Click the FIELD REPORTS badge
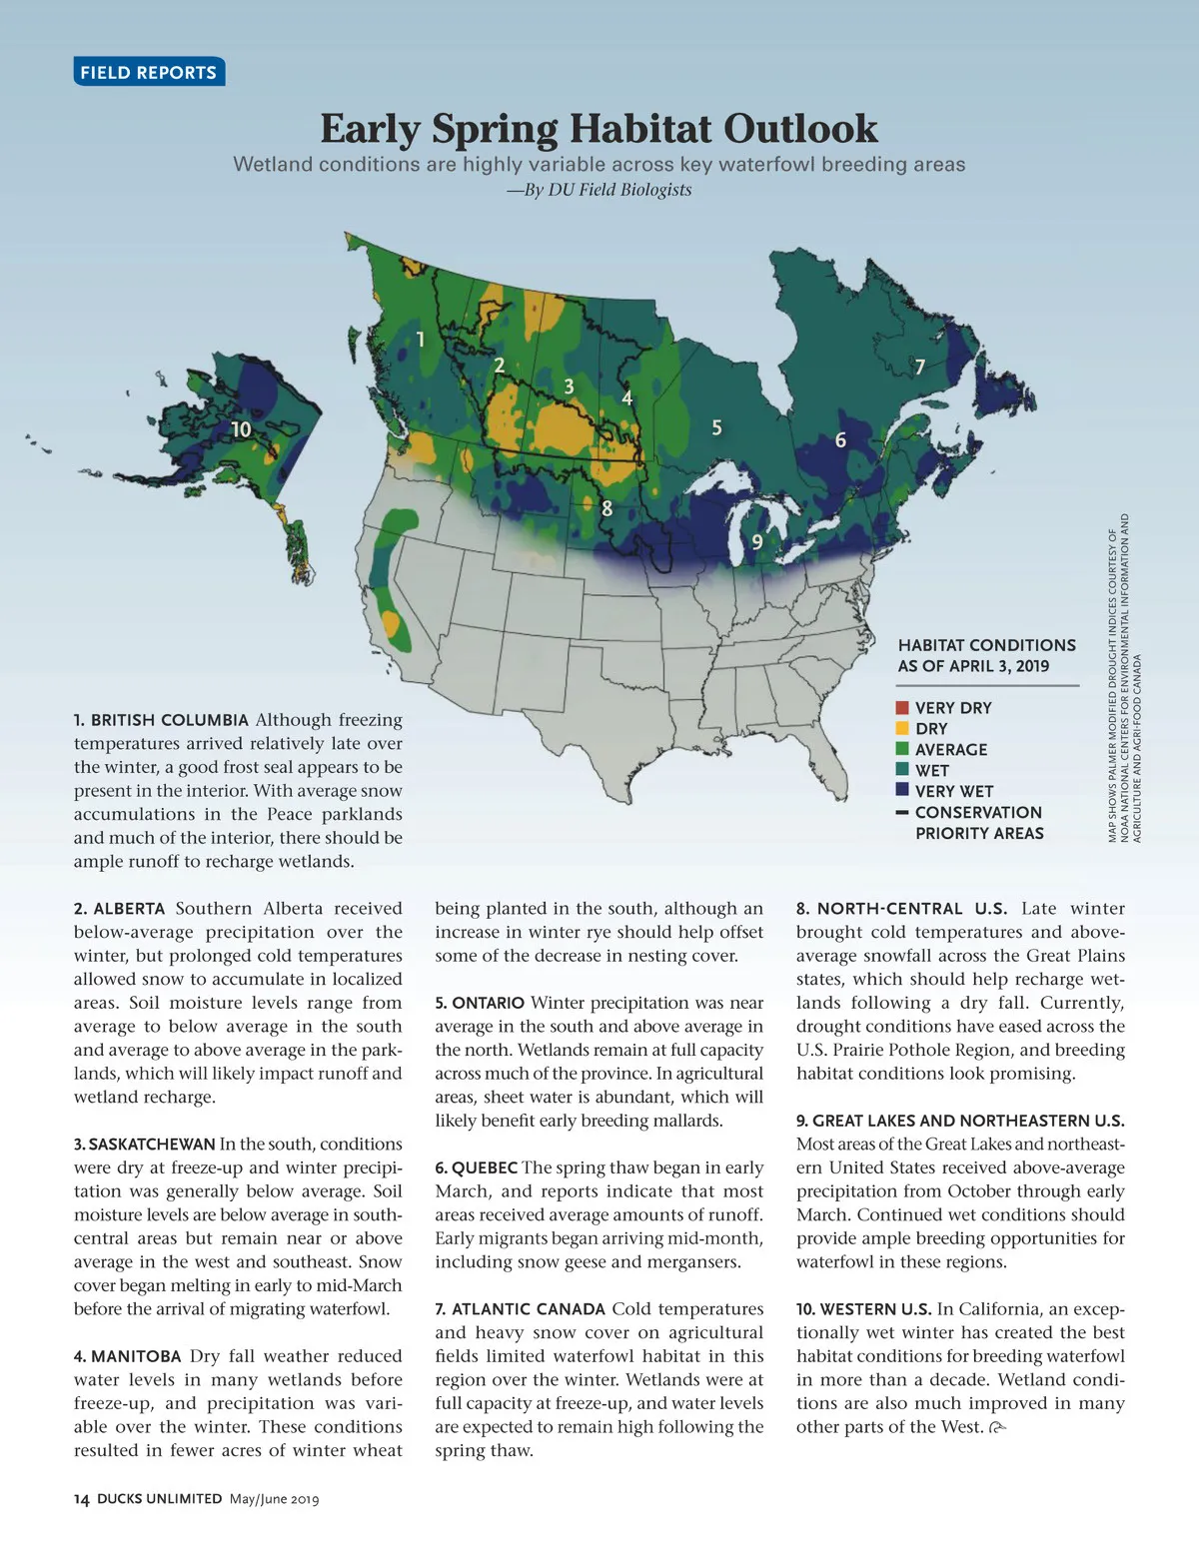coord(148,72)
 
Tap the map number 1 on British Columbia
coord(421,340)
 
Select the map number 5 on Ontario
coord(716,427)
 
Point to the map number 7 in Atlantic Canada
coord(920,367)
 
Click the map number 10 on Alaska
coord(241,429)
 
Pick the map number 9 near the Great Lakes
coord(757,541)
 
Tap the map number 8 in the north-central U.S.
coord(606,508)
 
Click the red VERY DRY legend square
coord(902,708)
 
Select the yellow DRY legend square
coord(902,729)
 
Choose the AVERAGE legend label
coord(950,750)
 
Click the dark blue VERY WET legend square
coord(902,791)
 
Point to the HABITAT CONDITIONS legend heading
coord(986,645)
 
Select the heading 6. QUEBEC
coord(476,1167)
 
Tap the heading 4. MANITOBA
coord(127,1356)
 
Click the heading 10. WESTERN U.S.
coord(863,1309)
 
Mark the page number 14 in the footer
coord(82,1499)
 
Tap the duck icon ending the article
coord(997,1428)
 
